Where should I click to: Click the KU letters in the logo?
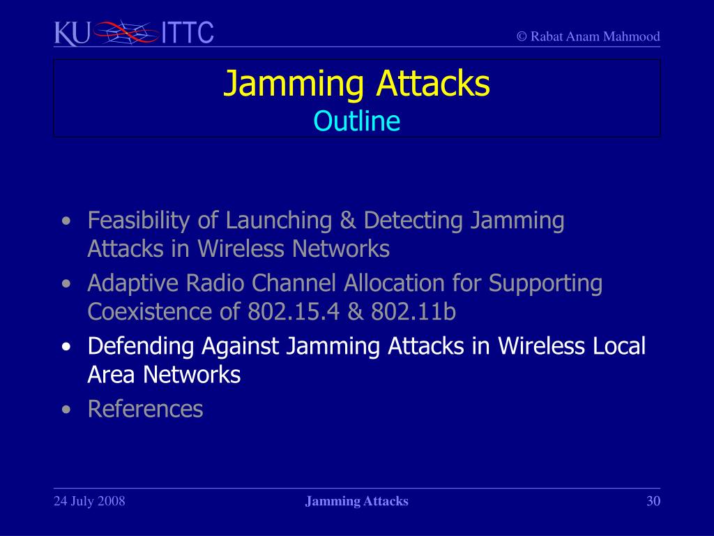pyautogui.click(x=72, y=33)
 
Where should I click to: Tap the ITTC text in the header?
pyautogui.click(x=188, y=33)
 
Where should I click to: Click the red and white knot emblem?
pyautogui.click(x=126, y=32)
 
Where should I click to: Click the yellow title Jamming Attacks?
pyautogui.click(x=356, y=84)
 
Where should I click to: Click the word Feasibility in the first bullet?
pyautogui.click(x=139, y=221)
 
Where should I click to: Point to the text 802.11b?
pyautogui.click(x=413, y=312)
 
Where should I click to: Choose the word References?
pyautogui.click(x=145, y=409)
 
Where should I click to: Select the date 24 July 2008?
pyautogui.click(x=89, y=501)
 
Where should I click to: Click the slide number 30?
pyautogui.click(x=653, y=501)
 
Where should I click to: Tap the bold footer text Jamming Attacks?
pyautogui.click(x=356, y=501)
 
